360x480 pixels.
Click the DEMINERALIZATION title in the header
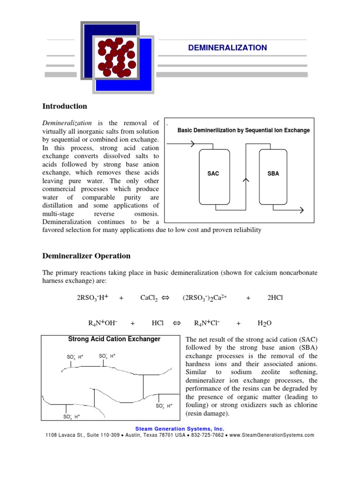[x=227, y=48]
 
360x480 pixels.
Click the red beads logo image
[x=117, y=57]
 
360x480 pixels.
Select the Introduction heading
[x=65, y=106]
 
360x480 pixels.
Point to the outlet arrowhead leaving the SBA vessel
[x=300, y=210]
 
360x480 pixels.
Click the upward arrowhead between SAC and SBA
[x=244, y=179]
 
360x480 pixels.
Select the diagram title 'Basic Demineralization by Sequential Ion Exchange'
[x=243, y=130]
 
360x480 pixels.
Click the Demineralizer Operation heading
[x=86, y=256]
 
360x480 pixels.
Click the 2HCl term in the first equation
[x=275, y=298]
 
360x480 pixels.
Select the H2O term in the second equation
[x=264, y=323]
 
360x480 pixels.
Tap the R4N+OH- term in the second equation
[x=103, y=323]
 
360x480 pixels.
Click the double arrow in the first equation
[x=165, y=298]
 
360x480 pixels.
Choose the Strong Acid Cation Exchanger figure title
[x=114, y=339]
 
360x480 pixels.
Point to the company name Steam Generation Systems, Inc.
[x=180, y=428]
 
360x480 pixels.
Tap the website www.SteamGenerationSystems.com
[x=272, y=435]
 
